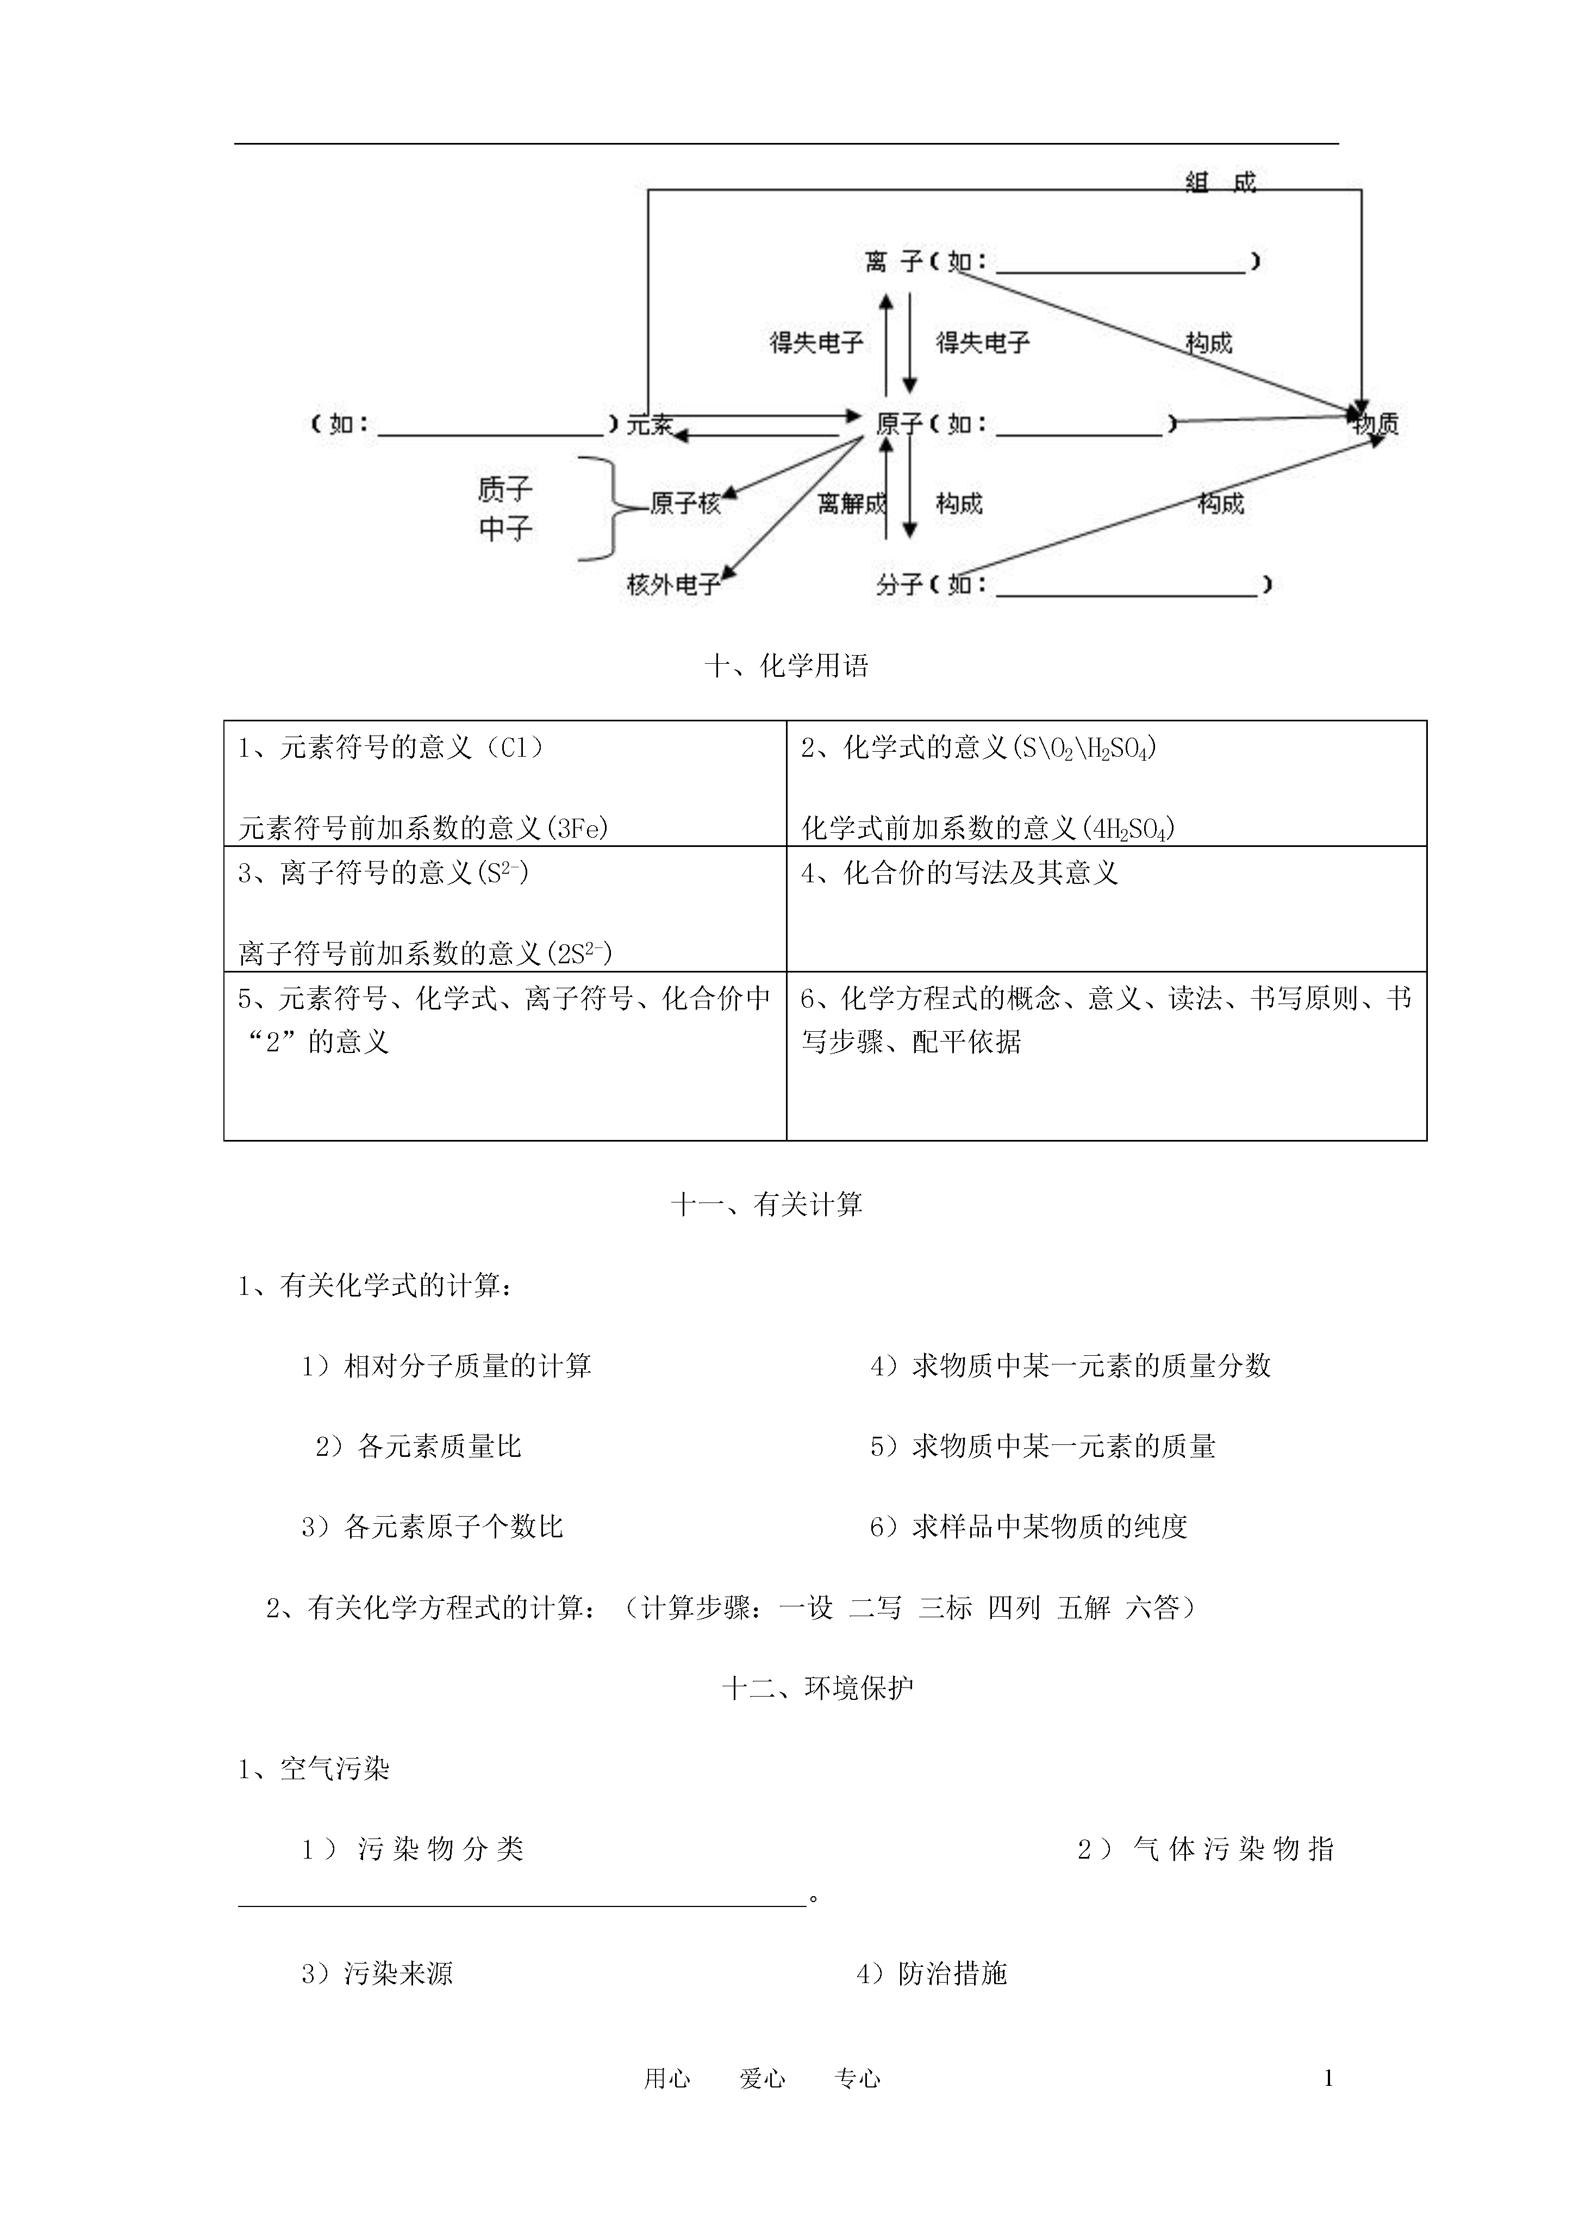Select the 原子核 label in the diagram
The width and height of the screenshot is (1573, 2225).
pos(685,503)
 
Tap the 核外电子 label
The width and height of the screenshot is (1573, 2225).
pos(673,584)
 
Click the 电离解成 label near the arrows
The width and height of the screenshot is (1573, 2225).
pos(852,503)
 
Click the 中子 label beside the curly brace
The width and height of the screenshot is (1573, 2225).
pos(505,529)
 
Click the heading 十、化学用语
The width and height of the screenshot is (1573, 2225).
pos(786,666)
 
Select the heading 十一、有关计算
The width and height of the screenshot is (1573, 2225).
pos(766,1205)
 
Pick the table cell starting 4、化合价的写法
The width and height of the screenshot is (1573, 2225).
pos(1106,909)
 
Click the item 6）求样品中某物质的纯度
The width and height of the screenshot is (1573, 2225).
pos(1028,1527)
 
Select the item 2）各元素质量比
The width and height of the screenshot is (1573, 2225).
pos(418,1447)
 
